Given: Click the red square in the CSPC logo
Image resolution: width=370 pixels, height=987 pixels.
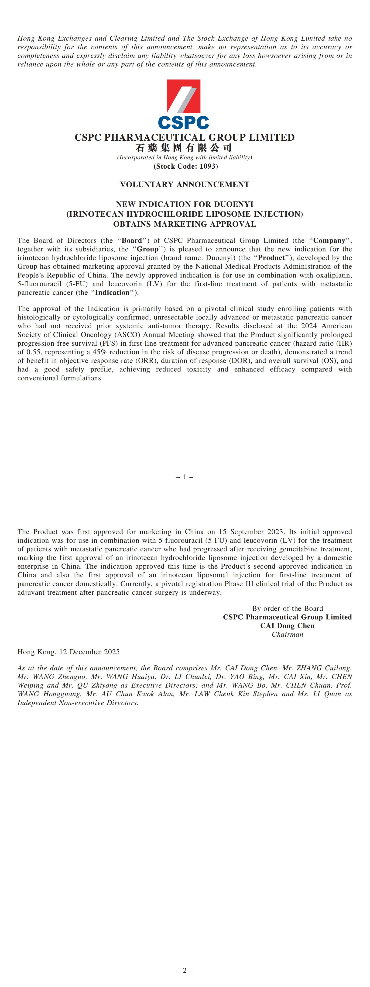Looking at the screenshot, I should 183,96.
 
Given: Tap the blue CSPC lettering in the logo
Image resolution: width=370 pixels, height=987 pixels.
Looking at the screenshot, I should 183,123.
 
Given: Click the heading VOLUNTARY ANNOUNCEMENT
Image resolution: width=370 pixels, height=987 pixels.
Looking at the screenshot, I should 185,184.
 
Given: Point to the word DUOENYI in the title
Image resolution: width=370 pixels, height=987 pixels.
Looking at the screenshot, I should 234,204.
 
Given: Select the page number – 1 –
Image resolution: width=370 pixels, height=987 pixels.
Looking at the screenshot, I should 185,477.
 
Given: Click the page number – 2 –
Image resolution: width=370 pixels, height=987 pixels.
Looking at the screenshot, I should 185,970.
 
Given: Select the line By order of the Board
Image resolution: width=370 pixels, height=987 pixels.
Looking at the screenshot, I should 287,608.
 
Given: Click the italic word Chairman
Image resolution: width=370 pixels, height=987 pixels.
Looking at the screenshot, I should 287,635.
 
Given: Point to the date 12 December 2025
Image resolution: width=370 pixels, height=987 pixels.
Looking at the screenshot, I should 89,652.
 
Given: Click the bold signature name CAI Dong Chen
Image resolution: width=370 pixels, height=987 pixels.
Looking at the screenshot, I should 287,626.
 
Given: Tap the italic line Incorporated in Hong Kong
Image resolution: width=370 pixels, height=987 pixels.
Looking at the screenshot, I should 185,157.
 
